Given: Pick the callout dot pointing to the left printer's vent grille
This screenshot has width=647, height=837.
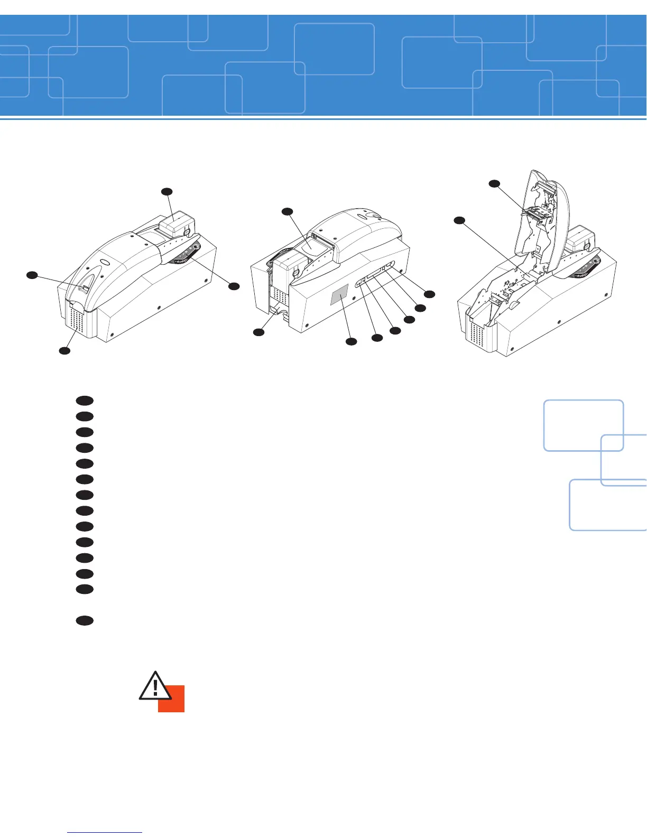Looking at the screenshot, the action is pos(64,350).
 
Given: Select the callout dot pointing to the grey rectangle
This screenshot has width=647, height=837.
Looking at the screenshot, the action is pos(351,342).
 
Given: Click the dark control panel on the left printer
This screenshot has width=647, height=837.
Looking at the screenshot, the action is pos(186,254).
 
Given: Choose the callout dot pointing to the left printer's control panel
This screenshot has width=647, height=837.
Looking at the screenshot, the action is pos(234,286).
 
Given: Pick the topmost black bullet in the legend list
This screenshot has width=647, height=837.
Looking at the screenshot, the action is pos(85,400).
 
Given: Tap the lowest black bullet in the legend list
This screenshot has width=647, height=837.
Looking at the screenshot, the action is pos(85,621).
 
